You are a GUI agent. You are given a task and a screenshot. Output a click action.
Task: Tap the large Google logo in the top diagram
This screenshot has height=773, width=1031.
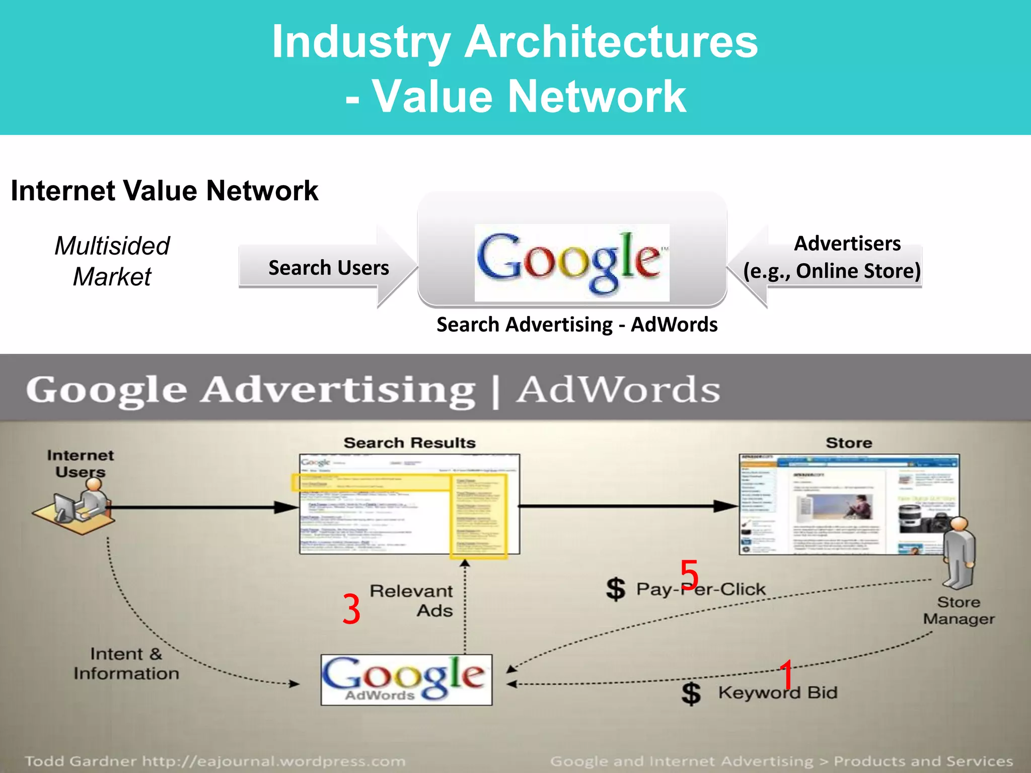tap(571, 262)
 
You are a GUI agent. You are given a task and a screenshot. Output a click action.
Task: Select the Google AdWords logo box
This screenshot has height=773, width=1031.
tap(406, 679)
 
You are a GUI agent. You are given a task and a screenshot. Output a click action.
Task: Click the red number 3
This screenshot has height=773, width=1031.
tap(351, 609)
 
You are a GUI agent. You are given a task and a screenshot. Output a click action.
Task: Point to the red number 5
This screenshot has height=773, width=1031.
tap(689, 575)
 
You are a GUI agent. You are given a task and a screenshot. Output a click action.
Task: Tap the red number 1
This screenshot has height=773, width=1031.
tap(786, 674)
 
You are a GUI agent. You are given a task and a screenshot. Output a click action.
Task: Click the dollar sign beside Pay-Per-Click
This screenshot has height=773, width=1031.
tap(616, 589)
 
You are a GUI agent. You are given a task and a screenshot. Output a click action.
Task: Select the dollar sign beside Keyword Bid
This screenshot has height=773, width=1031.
tap(691, 693)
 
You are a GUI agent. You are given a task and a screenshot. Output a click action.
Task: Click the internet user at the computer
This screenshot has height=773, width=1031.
tap(81, 506)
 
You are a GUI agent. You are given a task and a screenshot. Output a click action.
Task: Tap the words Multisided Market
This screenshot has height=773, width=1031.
tap(112, 261)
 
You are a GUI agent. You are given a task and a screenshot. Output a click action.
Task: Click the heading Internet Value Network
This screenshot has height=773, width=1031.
tap(164, 191)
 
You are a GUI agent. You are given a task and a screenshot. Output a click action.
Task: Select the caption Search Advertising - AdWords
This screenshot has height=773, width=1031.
tap(577, 325)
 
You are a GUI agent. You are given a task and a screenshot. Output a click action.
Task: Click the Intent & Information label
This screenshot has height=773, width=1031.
tap(126, 663)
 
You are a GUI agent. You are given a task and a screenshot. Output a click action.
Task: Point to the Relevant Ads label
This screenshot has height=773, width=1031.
tap(412, 600)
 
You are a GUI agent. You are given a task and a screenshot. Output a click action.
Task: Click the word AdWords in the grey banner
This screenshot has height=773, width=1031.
tap(618, 390)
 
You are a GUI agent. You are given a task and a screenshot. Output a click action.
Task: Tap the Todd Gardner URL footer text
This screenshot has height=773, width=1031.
tap(215, 761)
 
